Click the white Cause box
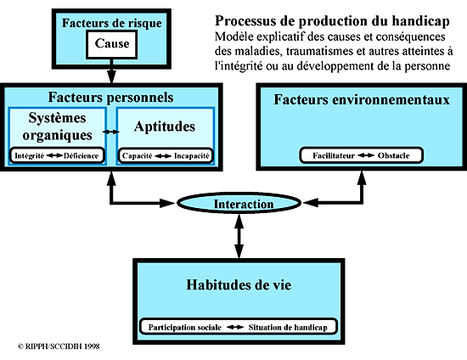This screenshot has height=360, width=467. coord(112,44)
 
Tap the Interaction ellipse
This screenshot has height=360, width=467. coord(239,203)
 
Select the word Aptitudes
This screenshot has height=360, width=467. coord(165,127)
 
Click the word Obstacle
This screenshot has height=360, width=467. coord(393,155)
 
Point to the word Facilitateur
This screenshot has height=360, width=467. coord(334,155)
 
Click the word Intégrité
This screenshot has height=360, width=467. coord(29,155)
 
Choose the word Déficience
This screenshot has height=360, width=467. coord(81,155)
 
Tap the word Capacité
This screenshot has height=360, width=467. coord(138,155)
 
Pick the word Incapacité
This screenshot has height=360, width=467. coord(192,155)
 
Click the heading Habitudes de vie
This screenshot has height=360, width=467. coord(239,284)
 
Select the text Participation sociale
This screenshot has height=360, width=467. coord(184,327)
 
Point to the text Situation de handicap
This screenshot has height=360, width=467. coord(288,327)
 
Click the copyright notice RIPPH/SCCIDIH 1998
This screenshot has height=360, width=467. coord(59,346)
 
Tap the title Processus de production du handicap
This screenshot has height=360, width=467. coord(332,21)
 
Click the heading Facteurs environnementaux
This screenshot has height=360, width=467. coord(362,99)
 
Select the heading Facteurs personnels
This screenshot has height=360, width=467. coord(110,98)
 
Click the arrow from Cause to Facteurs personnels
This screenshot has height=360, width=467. coord(111,71)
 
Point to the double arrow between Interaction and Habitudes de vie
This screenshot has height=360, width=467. coord(239,236)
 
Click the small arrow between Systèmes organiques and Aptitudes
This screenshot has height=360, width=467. coord(111,132)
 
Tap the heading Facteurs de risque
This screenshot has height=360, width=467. coord(112,23)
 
